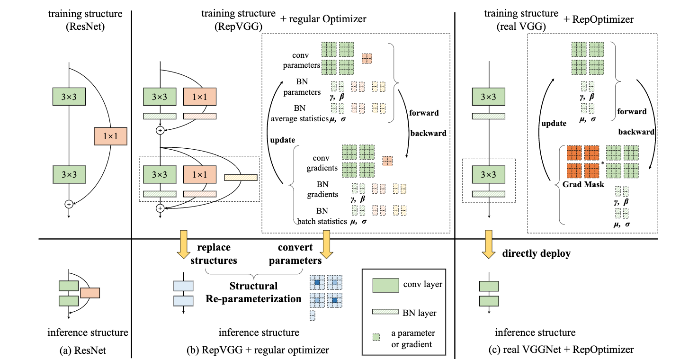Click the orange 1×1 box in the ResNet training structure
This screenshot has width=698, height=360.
(110, 136)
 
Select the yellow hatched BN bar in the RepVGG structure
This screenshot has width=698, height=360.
(241, 178)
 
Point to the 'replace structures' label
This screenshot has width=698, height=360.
(214, 253)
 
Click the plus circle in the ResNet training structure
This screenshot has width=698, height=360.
(69, 204)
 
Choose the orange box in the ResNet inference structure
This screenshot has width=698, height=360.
(90, 293)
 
